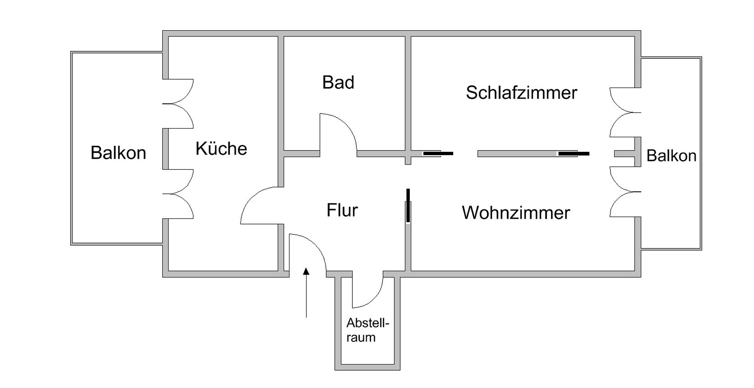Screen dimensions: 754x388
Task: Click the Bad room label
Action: click(338, 83)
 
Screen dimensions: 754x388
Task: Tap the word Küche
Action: click(221, 148)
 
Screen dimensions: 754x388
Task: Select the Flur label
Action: click(342, 210)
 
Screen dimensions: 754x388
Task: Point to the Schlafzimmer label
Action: click(521, 93)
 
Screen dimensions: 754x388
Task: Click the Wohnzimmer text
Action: click(516, 213)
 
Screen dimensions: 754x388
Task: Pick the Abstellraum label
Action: click(367, 330)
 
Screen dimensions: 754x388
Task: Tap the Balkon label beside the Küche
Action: click(118, 153)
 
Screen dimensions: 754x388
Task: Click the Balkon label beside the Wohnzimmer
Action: click(671, 156)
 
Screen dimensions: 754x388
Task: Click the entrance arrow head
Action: click(306, 271)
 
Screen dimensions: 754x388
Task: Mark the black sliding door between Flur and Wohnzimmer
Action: click(408, 206)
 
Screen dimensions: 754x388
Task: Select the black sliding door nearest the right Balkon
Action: click(574, 153)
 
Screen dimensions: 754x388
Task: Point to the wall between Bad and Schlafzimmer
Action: click(408, 94)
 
